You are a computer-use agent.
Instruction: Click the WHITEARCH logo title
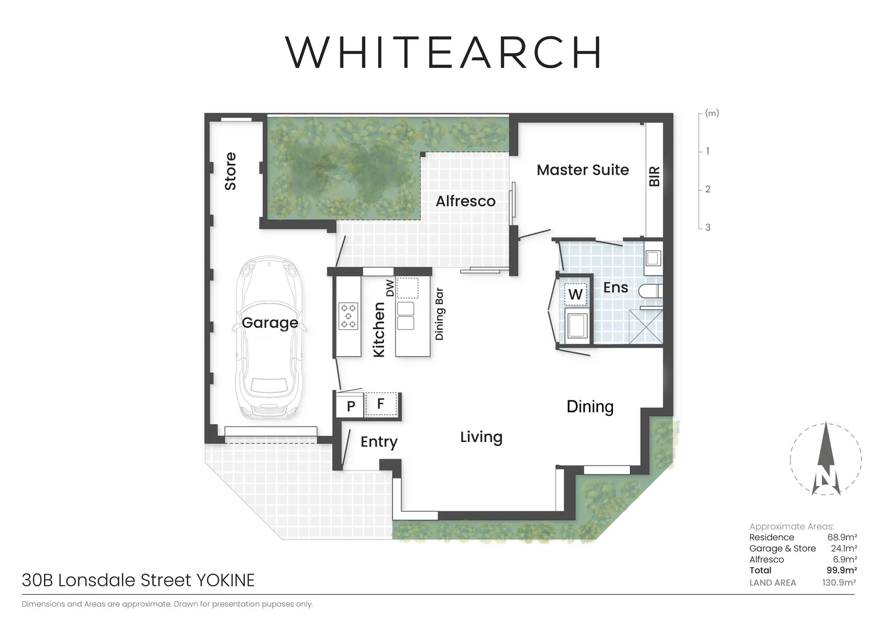coord(443,52)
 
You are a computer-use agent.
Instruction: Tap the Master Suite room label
coord(582,170)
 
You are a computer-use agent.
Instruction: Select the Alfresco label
coord(465,201)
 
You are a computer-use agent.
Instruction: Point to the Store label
coord(230,171)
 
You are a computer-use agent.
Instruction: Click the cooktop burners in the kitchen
coord(349,316)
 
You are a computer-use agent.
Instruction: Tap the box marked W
coord(575,295)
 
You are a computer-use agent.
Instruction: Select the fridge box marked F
coord(381,404)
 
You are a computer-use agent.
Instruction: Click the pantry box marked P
coord(351,406)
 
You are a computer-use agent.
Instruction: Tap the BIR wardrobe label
coord(654,177)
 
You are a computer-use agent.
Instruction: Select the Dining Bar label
coord(439,314)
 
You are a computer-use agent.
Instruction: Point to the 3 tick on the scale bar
coord(707,227)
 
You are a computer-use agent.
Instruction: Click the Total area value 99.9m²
coord(841,571)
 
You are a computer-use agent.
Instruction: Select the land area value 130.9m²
coord(838,583)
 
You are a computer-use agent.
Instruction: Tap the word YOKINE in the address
coord(225,580)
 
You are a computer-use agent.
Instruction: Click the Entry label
coord(379,442)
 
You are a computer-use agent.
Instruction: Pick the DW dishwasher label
coord(390,288)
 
